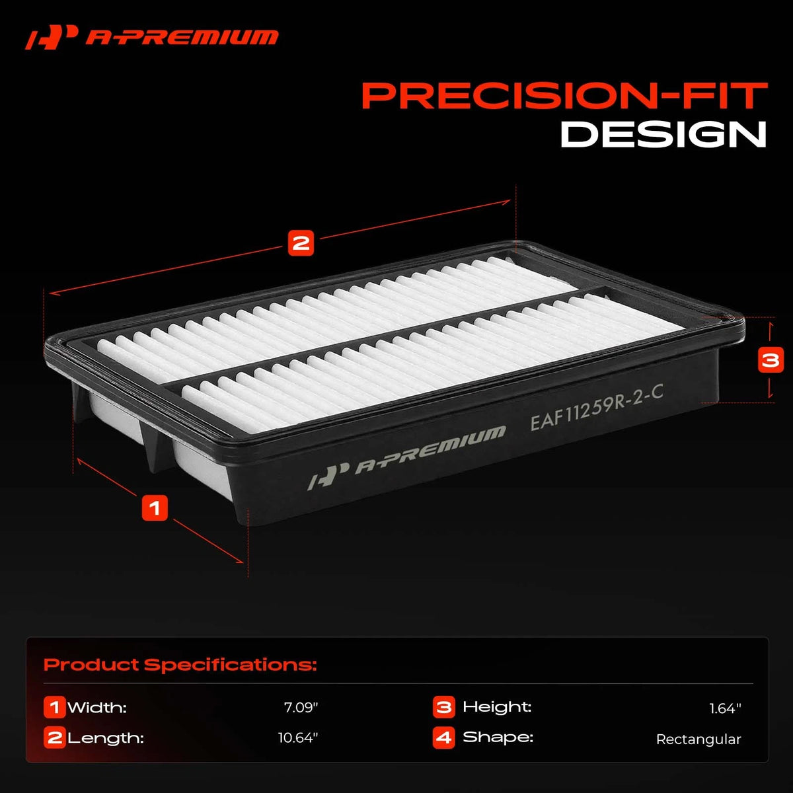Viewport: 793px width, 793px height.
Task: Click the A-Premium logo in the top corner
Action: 151,38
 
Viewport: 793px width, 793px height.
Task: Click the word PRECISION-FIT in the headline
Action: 564,96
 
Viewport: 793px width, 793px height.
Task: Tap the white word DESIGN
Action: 663,134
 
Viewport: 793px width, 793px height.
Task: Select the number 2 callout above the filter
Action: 301,243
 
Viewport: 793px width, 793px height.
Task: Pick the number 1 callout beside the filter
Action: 155,508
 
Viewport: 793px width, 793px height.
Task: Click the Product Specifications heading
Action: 180,665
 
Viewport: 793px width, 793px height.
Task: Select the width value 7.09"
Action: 301,707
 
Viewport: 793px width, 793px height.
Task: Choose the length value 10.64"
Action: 298,737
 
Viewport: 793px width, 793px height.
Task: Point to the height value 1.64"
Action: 725,708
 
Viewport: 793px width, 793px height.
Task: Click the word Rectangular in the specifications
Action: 699,739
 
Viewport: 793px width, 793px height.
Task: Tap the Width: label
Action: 97,707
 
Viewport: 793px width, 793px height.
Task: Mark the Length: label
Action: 106,738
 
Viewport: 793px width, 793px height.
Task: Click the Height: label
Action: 497,707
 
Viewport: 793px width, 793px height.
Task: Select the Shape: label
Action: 498,737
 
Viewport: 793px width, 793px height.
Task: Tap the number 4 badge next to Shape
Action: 443,737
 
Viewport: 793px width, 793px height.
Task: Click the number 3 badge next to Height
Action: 443,707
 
